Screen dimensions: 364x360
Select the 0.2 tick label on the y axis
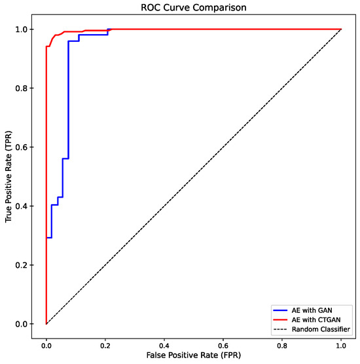[x=23, y=265]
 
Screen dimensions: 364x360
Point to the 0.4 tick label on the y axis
[x=23, y=206]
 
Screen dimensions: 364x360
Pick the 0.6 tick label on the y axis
[x=23, y=147]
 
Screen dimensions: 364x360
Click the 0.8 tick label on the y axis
[x=23, y=88]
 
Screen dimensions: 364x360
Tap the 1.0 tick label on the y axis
[x=23, y=29]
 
